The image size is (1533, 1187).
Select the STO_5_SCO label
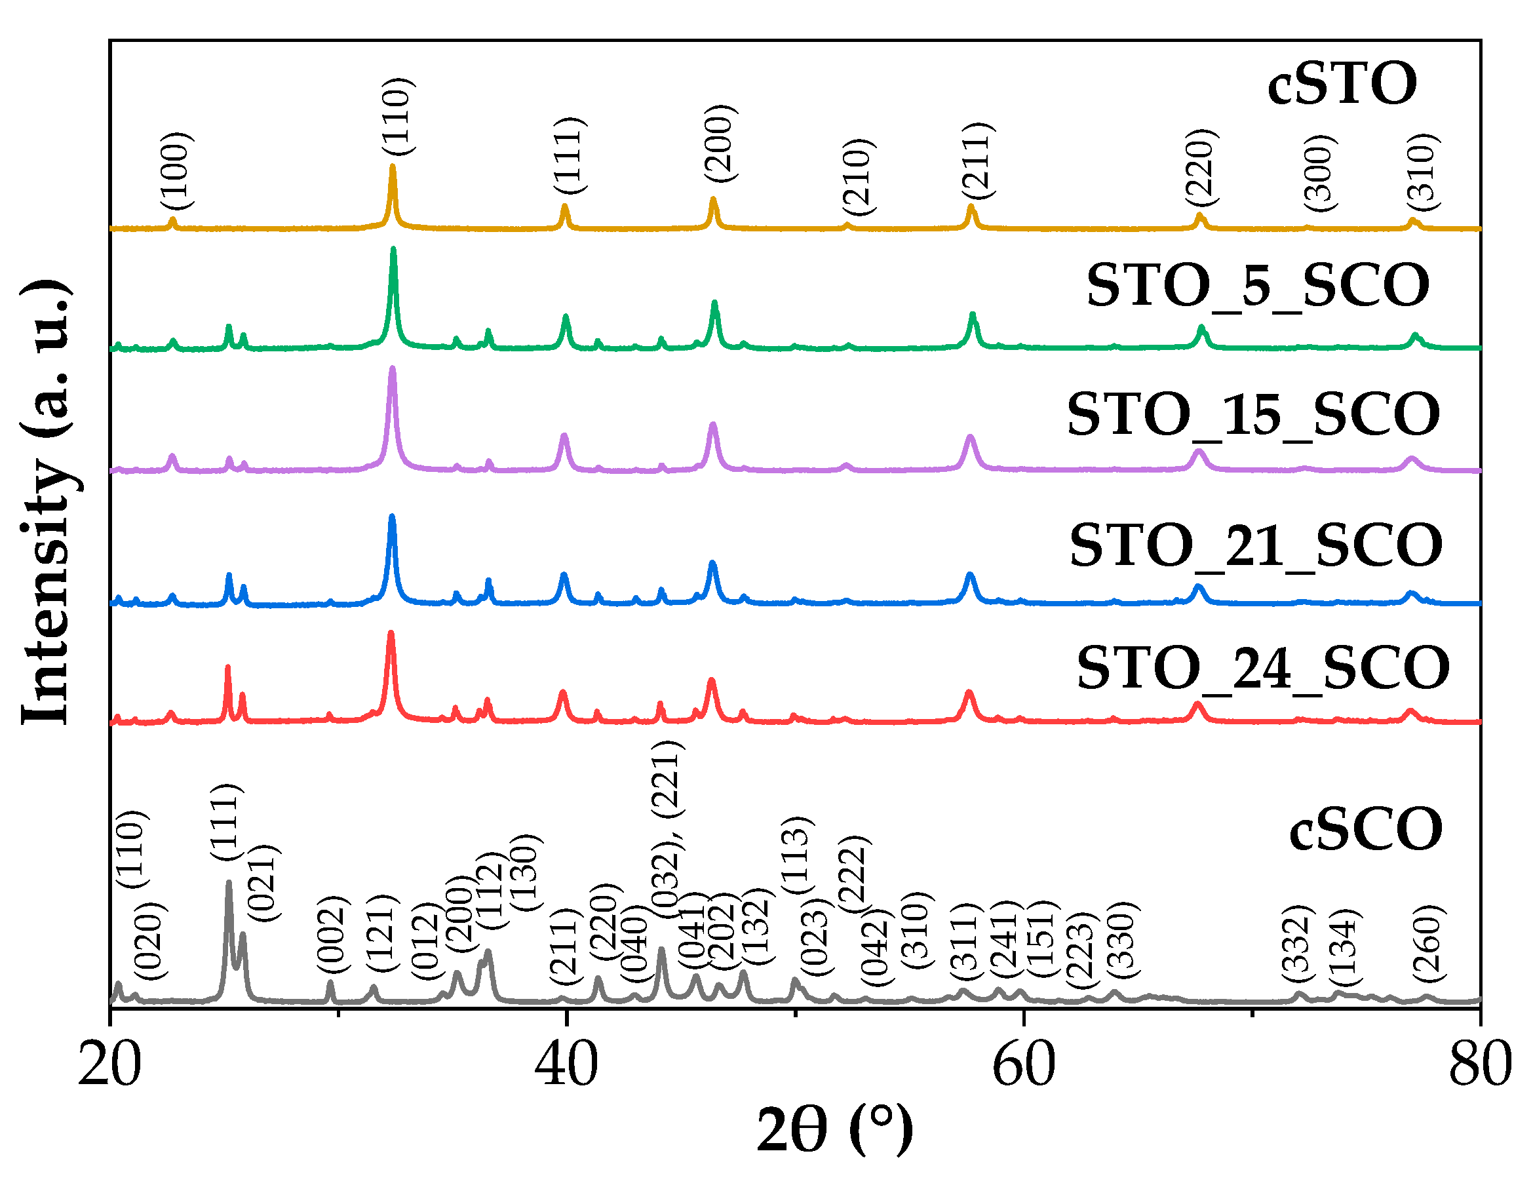coord(1257,286)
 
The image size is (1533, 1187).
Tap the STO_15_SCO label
coord(1254,415)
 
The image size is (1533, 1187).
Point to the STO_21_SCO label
coord(1256,545)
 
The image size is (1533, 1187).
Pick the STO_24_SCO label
coord(1263,667)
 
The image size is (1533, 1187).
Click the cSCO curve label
coord(1366,829)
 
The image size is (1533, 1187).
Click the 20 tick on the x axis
coord(110,1064)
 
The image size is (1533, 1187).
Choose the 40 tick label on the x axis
coord(566,1064)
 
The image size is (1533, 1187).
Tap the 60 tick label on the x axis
coord(1023,1064)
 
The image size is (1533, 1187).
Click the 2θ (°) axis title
coord(834,1130)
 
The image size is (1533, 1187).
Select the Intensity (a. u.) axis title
coord(46,502)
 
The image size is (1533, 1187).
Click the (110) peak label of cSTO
coord(398,117)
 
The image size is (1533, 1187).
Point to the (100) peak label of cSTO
coord(176,170)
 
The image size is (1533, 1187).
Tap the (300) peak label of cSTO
coord(1320,172)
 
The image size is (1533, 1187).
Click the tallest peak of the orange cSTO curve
coord(393,167)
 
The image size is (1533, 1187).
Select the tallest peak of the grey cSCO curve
coord(229,883)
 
